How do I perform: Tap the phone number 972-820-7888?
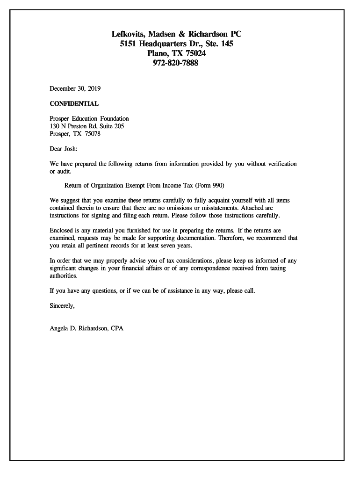point(176,63)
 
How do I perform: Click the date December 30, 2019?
point(75,88)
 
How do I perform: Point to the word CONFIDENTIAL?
point(74,103)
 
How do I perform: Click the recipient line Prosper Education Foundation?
point(89,119)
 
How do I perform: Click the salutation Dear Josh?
point(64,149)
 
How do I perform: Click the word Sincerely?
point(62,306)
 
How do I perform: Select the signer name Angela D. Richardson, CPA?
point(86,328)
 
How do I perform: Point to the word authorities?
point(64,276)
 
